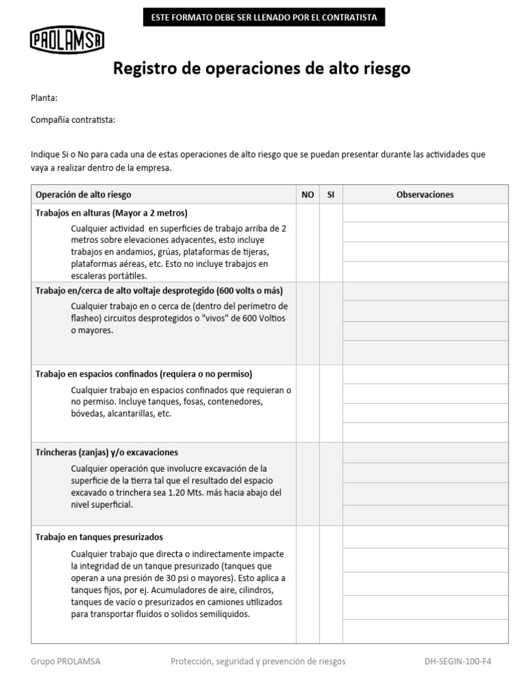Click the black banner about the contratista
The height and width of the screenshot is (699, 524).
(x=263, y=17)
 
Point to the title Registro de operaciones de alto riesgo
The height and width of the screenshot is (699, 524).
(x=261, y=69)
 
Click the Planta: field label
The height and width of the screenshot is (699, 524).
(x=44, y=98)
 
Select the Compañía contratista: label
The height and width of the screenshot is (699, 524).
(x=73, y=120)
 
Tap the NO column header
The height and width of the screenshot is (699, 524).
(x=308, y=195)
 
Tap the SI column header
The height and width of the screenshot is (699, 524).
(x=331, y=195)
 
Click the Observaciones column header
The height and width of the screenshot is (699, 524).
(x=424, y=195)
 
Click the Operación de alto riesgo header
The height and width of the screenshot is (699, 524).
(x=83, y=195)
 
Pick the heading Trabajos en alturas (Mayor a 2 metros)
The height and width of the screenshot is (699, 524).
(x=111, y=213)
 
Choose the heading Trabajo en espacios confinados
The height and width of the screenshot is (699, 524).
(x=143, y=374)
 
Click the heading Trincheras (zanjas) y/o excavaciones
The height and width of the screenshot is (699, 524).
(x=106, y=453)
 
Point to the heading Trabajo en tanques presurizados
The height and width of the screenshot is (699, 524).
(x=99, y=537)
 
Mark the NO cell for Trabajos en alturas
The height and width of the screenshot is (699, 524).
(x=308, y=242)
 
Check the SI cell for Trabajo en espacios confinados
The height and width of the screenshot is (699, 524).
(x=331, y=403)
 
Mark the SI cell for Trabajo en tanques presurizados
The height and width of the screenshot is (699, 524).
(x=331, y=584)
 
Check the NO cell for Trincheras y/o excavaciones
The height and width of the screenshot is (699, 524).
(x=308, y=484)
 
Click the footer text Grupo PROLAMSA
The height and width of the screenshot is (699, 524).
(x=65, y=661)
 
